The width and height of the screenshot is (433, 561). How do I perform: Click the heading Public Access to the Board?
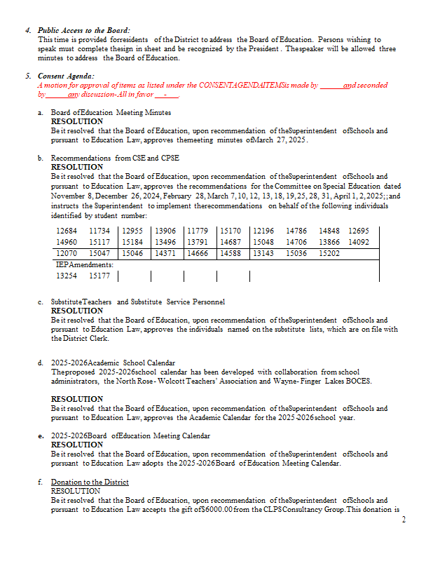click(83, 31)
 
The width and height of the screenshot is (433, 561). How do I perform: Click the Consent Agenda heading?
click(67, 76)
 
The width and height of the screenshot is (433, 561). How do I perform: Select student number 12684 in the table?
click(67, 231)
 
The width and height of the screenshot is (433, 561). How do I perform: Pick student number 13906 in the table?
click(165, 231)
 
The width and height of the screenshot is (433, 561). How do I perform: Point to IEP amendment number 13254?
click(67, 276)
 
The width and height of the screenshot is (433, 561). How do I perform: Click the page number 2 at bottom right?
click(404, 520)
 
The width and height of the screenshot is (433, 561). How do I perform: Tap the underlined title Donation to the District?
click(90, 482)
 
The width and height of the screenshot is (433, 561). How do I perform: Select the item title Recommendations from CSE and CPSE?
click(115, 158)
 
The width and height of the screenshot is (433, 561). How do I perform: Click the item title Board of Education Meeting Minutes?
click(111, 112)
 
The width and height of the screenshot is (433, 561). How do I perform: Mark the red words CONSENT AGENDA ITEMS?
click(238, 85)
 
